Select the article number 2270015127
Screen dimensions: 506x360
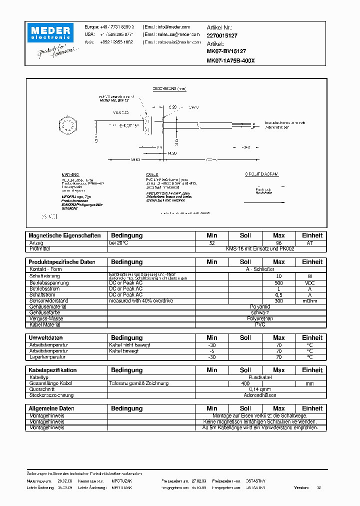[222, 36]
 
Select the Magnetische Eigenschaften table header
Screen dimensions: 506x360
[64, 235]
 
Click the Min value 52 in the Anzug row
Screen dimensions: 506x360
[212, 243]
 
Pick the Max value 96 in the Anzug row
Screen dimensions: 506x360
[279, 243]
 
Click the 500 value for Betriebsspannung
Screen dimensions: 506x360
[279, 282]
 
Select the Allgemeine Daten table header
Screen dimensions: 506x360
[51, 408]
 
